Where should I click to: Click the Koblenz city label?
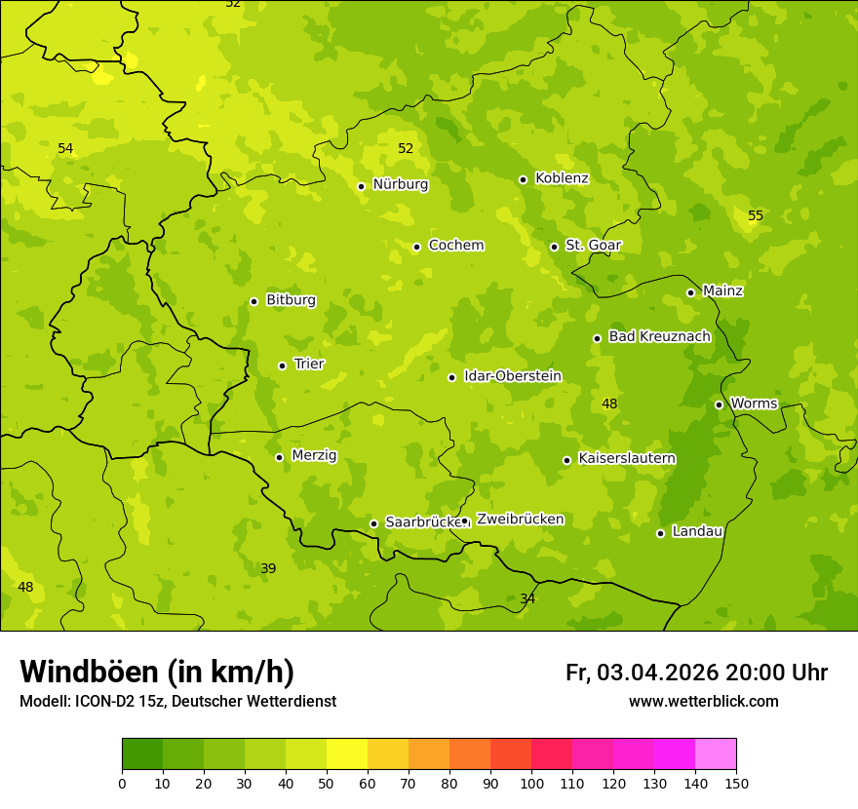562,178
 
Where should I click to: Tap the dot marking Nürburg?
361,186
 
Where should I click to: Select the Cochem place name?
456,246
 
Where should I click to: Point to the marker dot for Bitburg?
253,301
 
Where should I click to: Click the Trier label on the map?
309,365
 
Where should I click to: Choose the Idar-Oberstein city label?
513,376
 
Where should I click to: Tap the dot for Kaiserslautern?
566,460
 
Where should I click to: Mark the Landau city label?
697,532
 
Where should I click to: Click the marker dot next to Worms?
719,404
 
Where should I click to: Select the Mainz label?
722,291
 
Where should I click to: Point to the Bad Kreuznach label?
659,337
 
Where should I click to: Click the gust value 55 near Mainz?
756,215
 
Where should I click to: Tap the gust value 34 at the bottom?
527,598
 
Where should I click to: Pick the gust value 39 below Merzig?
268,568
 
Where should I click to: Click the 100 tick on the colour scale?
531,783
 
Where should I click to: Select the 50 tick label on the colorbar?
327,783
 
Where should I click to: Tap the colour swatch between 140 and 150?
716,754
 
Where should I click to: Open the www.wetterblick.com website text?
703,702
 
